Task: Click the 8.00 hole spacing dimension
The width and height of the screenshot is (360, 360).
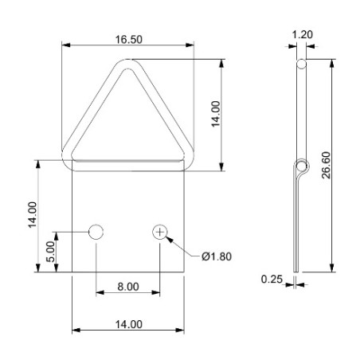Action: pos(127,287)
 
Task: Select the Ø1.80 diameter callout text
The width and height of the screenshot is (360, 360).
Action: pos(217,256)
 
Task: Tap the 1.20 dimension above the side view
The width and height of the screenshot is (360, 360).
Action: pos(302,35)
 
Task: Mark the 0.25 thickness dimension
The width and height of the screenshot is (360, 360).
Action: pos(272,279)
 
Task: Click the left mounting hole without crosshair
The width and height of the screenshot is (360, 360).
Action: pos(96,232)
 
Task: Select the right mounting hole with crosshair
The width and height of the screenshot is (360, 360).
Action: pos(161,232)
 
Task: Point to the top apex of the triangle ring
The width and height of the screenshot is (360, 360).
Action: pos(127,68)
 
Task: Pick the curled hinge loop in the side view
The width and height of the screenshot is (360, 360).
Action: pos(300,167)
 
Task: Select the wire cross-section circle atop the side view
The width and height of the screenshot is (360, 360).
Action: pos(301,63)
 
